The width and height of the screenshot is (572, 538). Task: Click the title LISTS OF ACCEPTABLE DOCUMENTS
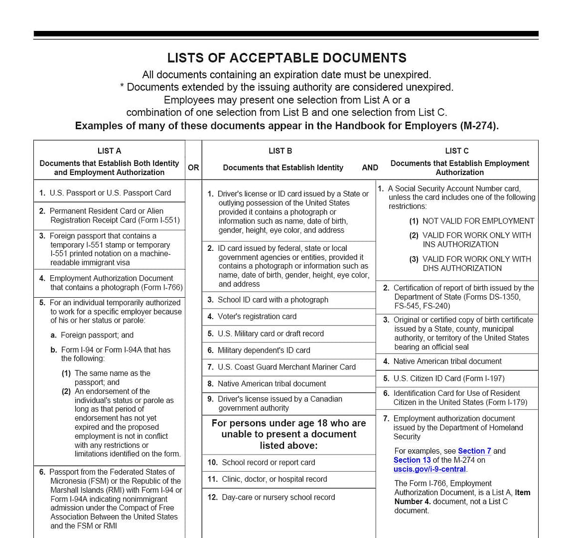coord(286,58)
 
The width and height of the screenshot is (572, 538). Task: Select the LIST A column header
coord(109,151)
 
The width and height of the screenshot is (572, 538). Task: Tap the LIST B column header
coord(280,151)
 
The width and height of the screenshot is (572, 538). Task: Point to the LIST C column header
coord(456,151)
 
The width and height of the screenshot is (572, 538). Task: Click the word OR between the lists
coord(193,168)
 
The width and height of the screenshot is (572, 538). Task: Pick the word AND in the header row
coord(370,168)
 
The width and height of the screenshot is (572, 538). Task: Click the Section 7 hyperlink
coord(474,451)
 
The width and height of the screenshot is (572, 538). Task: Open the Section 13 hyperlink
coord(412,460)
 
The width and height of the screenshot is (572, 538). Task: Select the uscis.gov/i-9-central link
coord(429,469)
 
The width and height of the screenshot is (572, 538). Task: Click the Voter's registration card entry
coord(257,317)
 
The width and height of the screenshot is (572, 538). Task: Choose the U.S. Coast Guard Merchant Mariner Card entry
coord(286,367)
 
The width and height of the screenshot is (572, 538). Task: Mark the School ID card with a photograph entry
coord(273,300)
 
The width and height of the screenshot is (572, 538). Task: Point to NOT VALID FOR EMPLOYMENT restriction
coord(478,221)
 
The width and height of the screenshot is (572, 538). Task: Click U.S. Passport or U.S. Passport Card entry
coord(110,193)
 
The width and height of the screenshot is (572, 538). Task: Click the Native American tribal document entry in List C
coord(447,361)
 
